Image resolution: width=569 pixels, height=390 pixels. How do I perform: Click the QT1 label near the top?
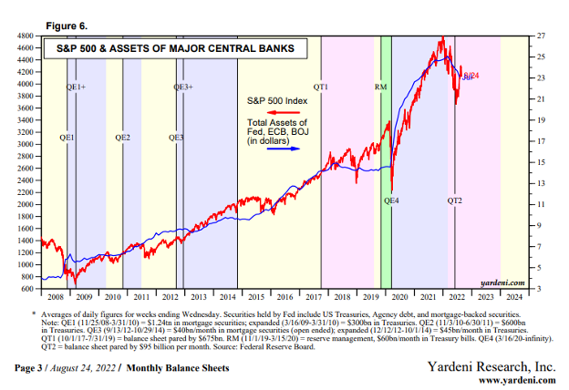point(321,87)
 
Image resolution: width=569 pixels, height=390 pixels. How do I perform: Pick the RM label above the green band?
point(381,87)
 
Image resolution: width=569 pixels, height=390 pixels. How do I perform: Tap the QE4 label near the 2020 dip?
point(392,199)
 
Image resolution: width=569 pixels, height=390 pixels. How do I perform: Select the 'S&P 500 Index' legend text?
point(275,98)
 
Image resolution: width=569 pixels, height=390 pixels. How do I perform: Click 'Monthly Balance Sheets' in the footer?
point(177,368)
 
